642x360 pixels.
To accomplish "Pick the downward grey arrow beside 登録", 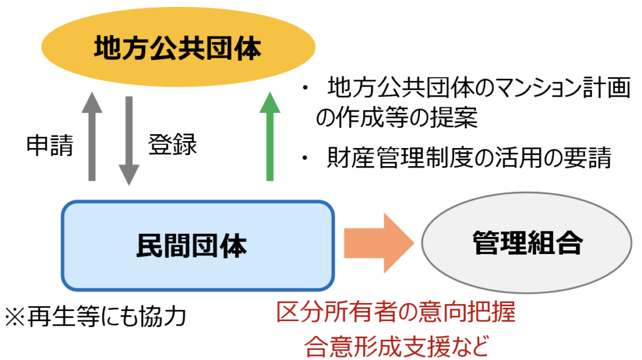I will click(x=129, y=140).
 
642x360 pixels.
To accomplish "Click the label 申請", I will click(x=50, y=146).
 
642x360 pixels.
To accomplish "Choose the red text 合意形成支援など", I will click(x=396, y=344).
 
